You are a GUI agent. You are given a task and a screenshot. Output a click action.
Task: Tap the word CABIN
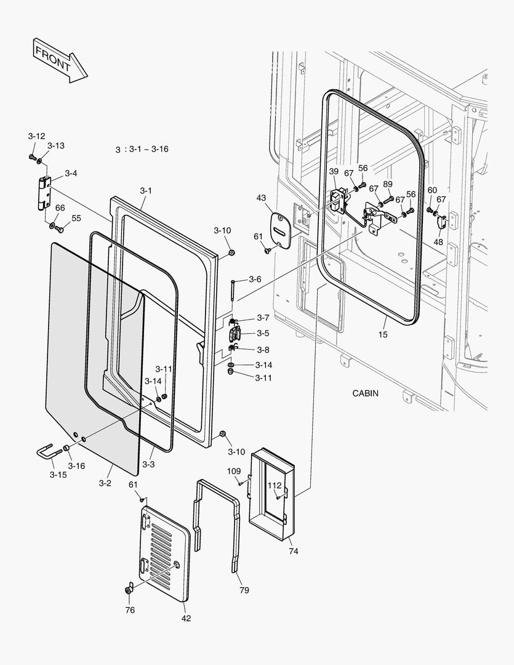click(x=366, y=393)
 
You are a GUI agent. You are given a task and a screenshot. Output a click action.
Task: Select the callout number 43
click(x=262, y=198)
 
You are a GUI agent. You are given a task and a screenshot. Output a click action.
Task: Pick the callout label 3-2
click(x=105, y=483)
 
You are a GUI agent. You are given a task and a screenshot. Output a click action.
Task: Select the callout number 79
click(x=244, y=590)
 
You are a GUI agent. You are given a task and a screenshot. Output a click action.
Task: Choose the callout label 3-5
click(x=263, y=333)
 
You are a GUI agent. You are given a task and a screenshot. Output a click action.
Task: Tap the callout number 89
click(x=388, y=184)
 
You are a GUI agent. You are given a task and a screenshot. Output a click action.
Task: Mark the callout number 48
click(x=438, y=242)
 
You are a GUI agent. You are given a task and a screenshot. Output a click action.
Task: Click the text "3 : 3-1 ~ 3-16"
click(x=142, y=150)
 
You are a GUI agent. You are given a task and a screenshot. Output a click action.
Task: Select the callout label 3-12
click(x=36, y=135)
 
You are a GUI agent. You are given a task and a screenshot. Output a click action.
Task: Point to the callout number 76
click(x=130, y=610)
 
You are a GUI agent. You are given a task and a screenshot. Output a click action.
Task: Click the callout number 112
click(x=274, y=485)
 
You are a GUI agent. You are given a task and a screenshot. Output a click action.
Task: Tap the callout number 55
click(x=76, y=218)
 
